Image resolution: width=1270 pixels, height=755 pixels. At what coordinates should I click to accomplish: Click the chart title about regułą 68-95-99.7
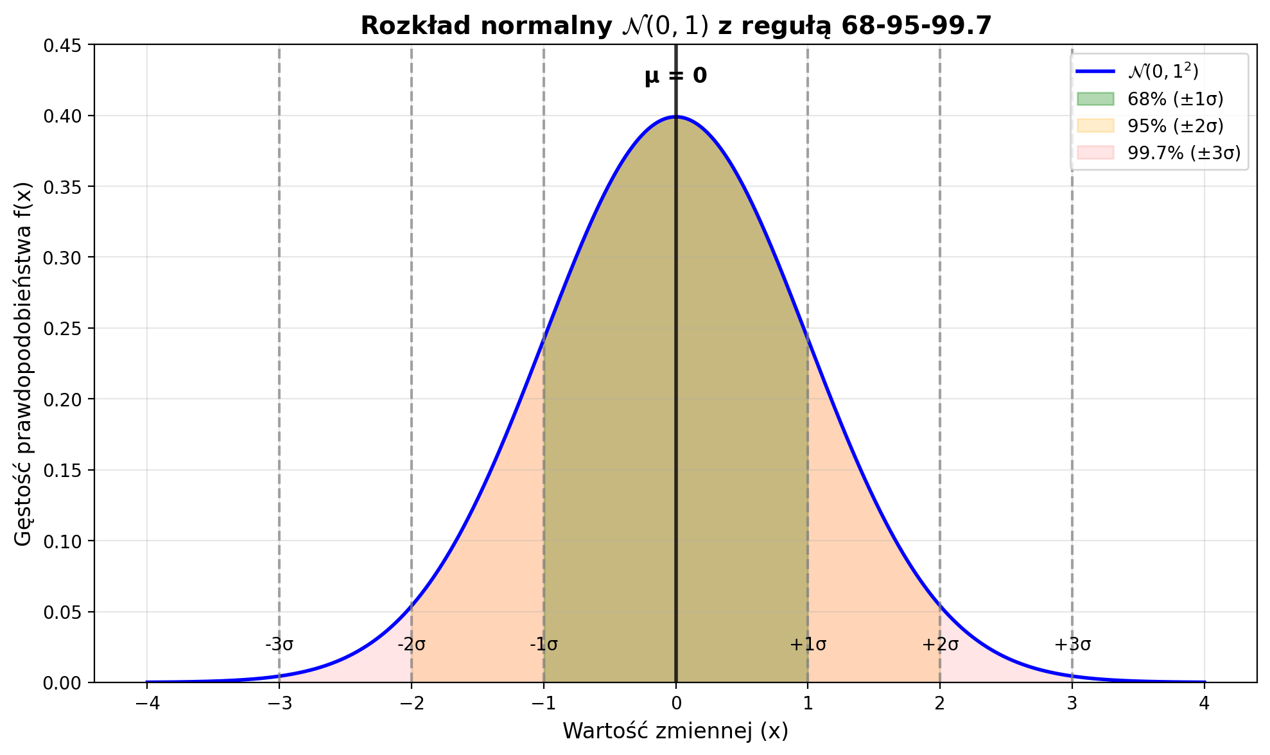[675, 26]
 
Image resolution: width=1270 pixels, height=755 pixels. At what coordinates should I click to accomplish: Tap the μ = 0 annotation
[675, 76]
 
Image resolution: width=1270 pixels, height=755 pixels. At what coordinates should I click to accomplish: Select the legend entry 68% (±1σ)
[1175, 100]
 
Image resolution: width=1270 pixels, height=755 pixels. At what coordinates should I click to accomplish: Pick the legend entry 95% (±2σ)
[1175, 126]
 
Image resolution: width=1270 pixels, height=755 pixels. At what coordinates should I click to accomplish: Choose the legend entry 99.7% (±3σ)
[1183, 153]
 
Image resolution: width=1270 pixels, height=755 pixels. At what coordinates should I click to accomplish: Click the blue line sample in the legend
[1095, 71]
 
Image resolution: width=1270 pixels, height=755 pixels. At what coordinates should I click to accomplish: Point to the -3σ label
[279, 645]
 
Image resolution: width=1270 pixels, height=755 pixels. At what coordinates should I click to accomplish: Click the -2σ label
[412, 645]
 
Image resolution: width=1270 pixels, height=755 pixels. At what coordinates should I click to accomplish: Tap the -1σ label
[544, 645]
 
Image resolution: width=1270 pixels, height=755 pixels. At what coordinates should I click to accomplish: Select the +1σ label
[808, 645]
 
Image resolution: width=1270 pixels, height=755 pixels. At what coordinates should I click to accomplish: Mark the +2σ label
[940, 645]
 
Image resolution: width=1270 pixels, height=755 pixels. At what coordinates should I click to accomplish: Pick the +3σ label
[1072, 645]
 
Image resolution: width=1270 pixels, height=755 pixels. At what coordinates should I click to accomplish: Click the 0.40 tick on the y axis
[64, 116]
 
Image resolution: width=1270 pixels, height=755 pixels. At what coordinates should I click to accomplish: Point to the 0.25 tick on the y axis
[64, 329]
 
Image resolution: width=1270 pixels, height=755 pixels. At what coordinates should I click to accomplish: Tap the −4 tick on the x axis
[146, 704]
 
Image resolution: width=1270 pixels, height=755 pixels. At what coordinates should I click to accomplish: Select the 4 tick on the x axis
[1205, 704]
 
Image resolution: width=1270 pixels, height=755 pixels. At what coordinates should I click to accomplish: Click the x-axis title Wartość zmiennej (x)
[675, 731]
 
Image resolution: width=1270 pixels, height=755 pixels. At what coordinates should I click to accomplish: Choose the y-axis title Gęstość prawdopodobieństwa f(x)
[23, 363]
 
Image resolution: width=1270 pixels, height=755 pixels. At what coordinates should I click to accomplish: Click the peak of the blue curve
[675, 117]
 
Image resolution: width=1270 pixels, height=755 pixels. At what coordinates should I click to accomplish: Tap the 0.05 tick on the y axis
[64, 612]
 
